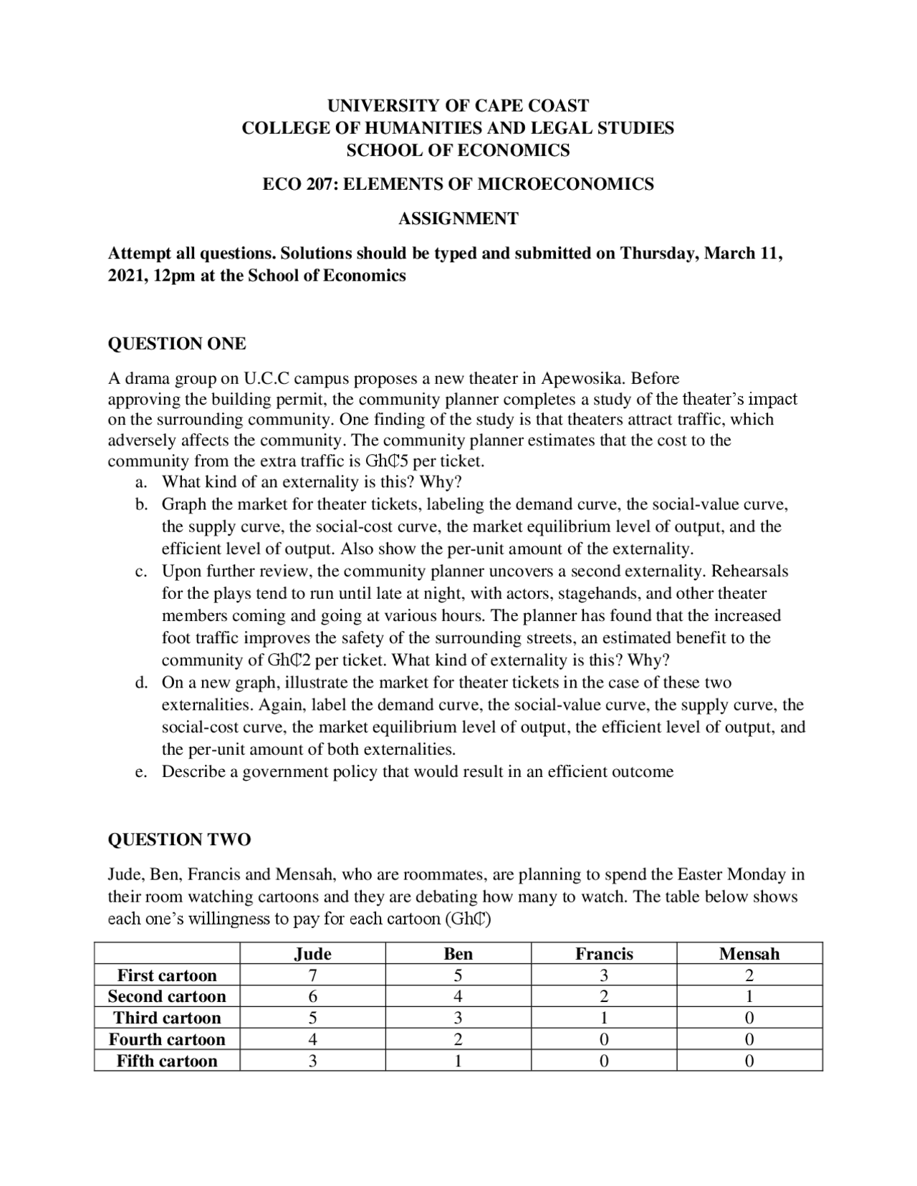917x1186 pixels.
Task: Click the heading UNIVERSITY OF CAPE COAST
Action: pos(458,106)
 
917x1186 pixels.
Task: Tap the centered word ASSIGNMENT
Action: pos(458,219)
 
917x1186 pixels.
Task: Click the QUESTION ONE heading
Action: pos(176,344)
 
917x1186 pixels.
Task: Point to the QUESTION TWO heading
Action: pos(179,839)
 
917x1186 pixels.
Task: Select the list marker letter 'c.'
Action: pos(141,572)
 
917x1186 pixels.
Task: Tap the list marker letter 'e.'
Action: pos(141,772)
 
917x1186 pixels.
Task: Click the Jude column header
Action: pos(313,954)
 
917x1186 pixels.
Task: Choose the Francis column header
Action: pos(604,954)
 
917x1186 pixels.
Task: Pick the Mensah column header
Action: pos(749,954)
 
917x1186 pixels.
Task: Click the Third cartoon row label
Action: pos(167,1018)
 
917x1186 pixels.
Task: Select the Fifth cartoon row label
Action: pos(167,1061)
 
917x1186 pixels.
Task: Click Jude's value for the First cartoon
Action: pos(313,975)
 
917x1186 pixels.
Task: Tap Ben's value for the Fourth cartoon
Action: pos(458,1040)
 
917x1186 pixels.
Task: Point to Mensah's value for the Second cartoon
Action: pos(749,997)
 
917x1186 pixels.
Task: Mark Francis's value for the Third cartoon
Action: pos(604,1018)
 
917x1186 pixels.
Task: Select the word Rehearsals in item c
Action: pos(749,572)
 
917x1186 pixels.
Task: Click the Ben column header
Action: pos(458,954)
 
